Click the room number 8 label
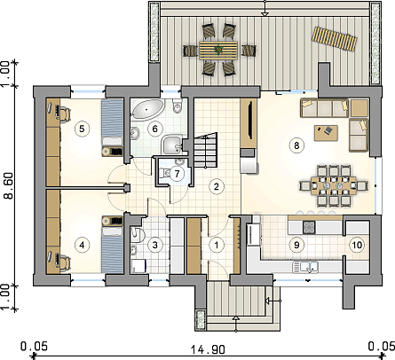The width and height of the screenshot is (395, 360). click(296, 145)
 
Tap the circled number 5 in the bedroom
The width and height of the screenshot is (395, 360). click(82, 129)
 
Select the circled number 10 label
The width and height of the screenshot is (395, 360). click(357, 245)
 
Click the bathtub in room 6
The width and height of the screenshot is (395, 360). click(147, 109)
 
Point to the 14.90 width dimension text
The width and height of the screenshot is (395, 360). click(208, 350)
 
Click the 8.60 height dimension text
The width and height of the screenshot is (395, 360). click(9, 185)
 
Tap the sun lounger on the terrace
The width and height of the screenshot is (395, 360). click(334, 39)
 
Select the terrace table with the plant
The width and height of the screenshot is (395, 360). click(218, 51)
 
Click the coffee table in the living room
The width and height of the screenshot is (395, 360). click(326, 133)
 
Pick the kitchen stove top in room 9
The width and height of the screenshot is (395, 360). click(309, 227)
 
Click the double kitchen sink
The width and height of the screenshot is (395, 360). click(305, 267)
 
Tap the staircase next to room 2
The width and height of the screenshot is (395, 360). click(206, 151)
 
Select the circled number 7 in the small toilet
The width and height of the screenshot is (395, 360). click(177, 174)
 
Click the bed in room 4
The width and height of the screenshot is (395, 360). click(112, 245)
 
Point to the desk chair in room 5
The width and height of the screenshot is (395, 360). click(65, 114)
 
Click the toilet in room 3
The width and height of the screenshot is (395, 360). click(138, 234)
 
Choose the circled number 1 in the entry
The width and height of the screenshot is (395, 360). click(217, 245)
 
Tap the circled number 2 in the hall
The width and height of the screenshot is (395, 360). click(217, 186)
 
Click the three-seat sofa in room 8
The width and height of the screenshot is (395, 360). click(324, 108)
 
